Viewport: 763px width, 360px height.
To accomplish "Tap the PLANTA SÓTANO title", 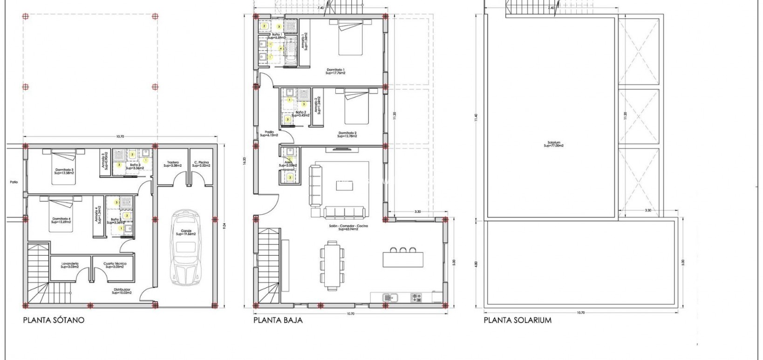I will [54, 320].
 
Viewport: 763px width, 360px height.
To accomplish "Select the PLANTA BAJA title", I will [278, 320].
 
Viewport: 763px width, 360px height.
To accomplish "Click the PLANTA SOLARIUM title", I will [518, 320].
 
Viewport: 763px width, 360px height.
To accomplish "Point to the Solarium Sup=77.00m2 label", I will [553, 144].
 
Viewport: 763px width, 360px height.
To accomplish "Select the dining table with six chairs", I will [333, 265].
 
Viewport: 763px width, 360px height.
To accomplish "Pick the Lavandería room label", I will [70, 265].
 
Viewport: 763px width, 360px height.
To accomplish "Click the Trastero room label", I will [173, 164].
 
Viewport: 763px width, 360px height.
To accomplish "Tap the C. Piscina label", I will [202, 164].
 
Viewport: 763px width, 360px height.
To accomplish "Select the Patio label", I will [14, 182].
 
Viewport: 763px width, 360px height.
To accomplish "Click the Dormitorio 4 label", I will [61, 220].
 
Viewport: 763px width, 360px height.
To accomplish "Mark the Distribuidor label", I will [122, 291].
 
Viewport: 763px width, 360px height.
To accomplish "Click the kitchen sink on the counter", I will [388, 297].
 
